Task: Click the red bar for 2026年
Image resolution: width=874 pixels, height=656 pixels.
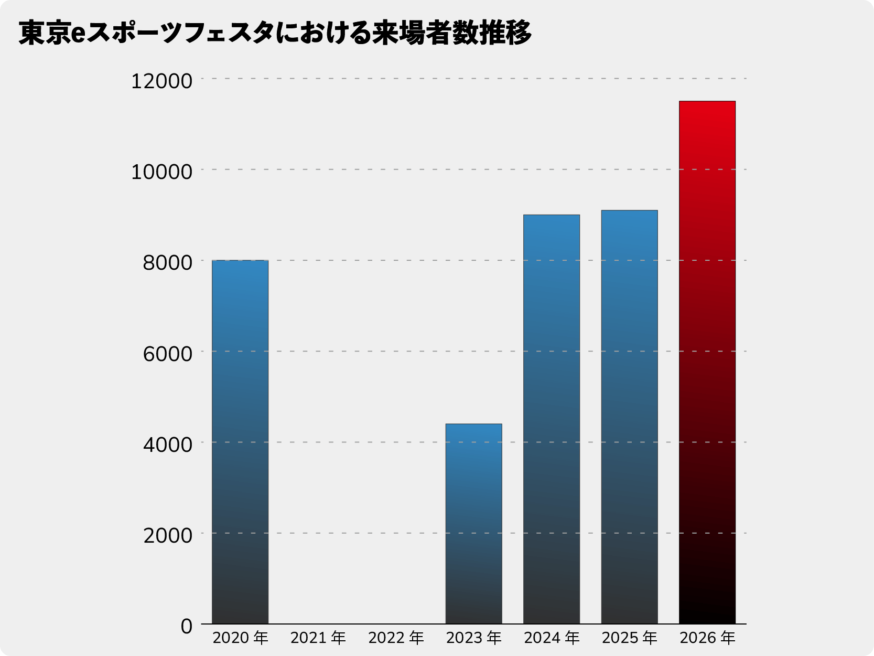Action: pos(707,362)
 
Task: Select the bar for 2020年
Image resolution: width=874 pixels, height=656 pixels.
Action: pos(240,442)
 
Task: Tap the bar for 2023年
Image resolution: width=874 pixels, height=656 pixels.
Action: pos(473,524)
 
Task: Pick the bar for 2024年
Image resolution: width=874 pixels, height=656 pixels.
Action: pos(552,419)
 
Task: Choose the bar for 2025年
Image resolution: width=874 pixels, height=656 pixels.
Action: pos(629,417)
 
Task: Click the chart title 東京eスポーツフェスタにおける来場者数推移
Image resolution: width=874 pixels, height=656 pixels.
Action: pos(275,33)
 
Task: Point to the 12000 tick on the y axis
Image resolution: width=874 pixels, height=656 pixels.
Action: pos(161,81)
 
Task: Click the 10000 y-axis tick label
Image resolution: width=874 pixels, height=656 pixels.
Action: pos(161,172)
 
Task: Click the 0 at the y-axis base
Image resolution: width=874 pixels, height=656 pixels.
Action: pos(187,626)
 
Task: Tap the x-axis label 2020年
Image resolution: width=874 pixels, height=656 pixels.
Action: pos(240,638)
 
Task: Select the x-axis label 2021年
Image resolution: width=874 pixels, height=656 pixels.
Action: pos(318,638)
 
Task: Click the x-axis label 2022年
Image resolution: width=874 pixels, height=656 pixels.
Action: pos(396,638)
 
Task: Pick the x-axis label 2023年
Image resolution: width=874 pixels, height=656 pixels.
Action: pos(473,638)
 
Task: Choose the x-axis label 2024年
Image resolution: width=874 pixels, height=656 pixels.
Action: pos(552,638)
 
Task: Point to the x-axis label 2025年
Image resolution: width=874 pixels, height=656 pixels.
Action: pos(629,638)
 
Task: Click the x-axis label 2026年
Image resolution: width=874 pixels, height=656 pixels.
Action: pos(707,638)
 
